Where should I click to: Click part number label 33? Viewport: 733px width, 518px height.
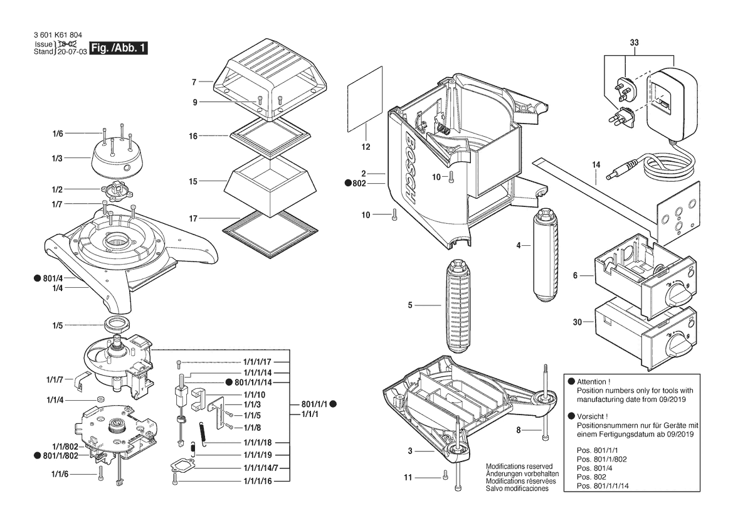pos(633,43)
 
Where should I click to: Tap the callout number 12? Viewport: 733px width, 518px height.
pos(366,147)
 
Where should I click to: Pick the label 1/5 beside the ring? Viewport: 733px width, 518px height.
pos(57,325)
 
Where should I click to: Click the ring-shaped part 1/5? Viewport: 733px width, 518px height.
pos(117,325)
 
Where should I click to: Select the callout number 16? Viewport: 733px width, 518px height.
pos(194,135)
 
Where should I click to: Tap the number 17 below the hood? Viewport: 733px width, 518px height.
pos(194,218)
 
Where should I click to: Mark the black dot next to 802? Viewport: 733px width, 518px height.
pos(347,183)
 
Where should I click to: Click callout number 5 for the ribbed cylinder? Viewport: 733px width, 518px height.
pos(409,305)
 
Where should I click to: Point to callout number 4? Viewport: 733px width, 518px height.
pos(519,245)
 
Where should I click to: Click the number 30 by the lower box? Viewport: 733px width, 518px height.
pos(577,322)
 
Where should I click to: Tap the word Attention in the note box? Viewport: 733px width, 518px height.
pos(594,382)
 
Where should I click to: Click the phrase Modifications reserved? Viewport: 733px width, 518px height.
pos(519,467)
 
